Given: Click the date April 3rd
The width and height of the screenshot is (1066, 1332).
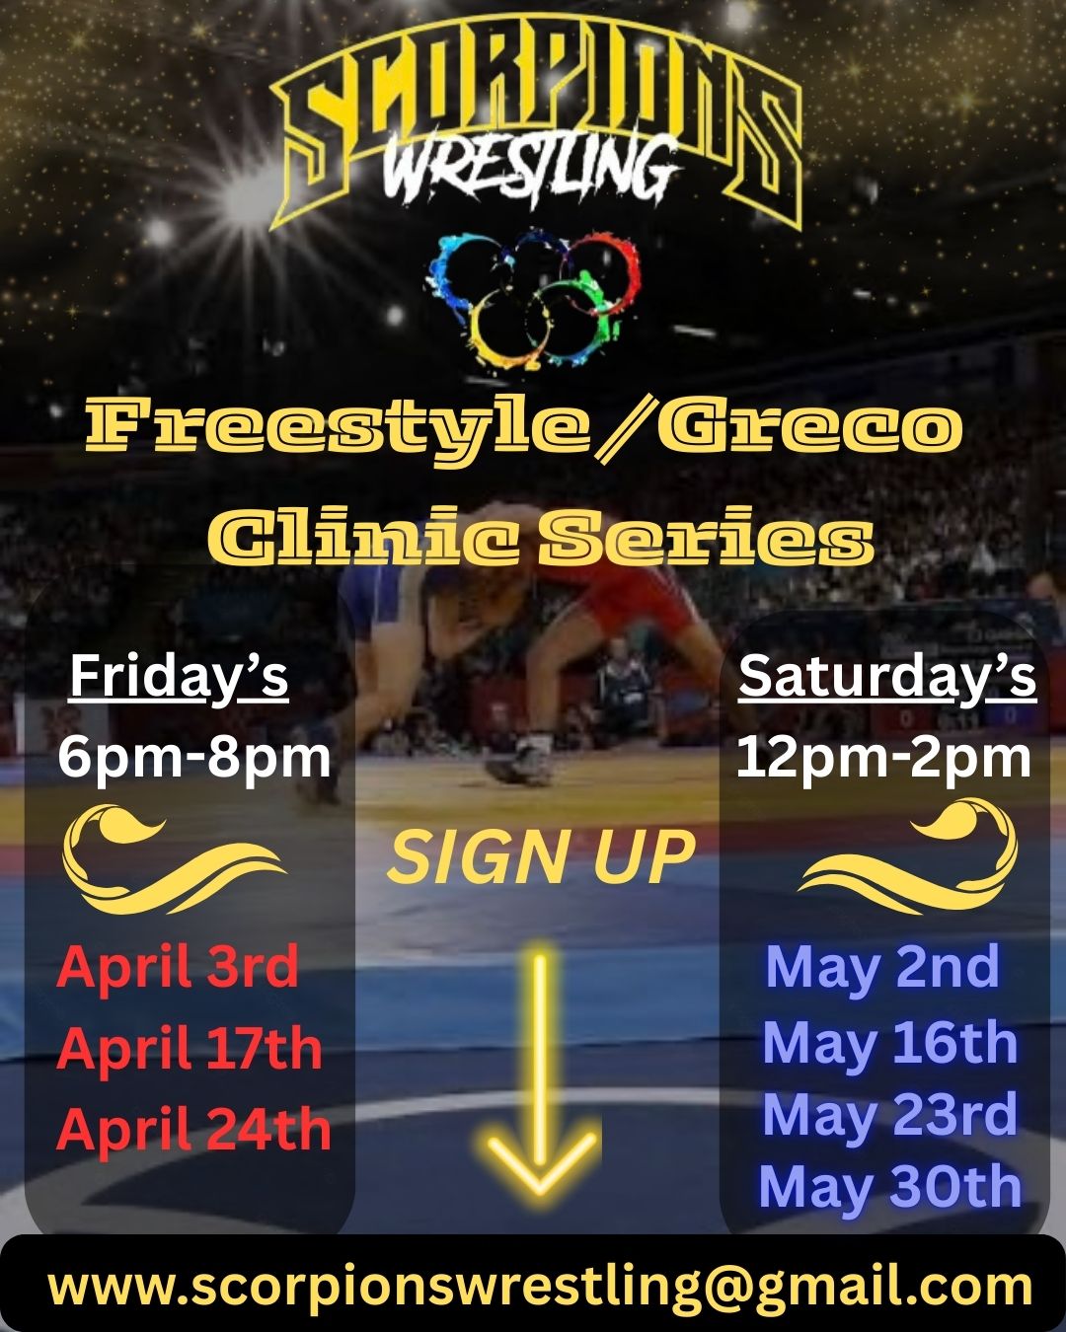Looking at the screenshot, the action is tap(177, 969).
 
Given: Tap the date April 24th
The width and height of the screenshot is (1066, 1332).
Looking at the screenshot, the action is tap(193, 1130).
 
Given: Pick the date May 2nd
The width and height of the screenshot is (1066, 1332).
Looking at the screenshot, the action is tap(882, 969).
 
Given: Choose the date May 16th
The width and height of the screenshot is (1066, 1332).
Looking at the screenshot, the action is tap(890, 1044).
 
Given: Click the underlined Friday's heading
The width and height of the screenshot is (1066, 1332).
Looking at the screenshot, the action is tap(179, 679).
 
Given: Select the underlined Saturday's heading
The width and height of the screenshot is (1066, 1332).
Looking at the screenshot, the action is tap(887, 679).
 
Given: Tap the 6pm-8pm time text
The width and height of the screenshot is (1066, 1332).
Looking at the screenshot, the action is tap(194, 759).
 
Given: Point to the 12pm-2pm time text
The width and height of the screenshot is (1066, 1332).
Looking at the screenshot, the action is tap(884, 759).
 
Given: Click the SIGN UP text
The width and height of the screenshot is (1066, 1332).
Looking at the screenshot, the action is tap(541, 857).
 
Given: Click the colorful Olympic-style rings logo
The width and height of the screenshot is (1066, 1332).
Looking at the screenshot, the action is tap(534, 300).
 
